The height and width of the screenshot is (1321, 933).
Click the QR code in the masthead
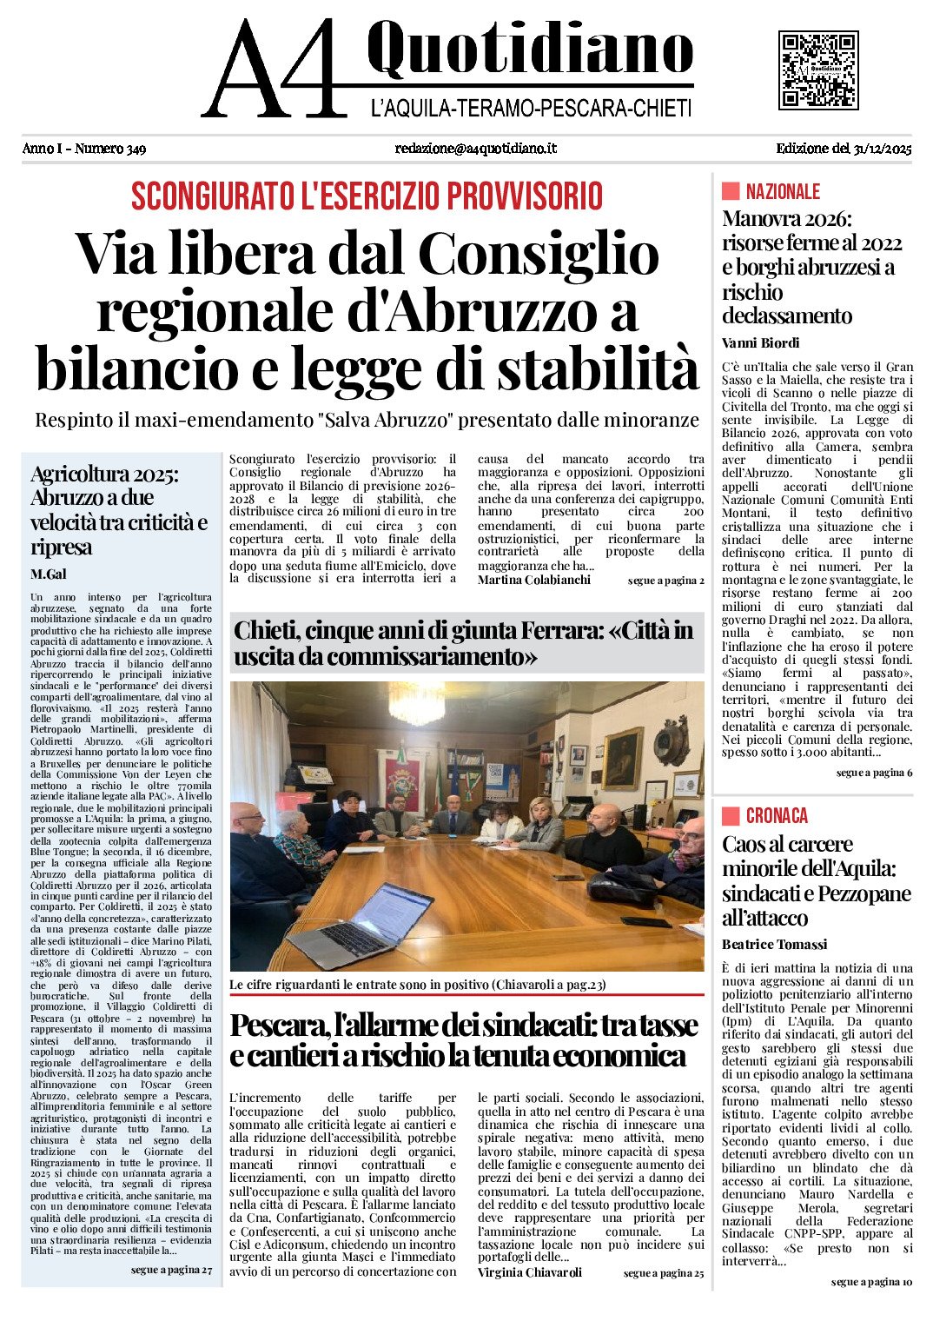[x=818, y=70]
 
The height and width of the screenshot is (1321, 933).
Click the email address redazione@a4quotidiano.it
[x=475, y=149]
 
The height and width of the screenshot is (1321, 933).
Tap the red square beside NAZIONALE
[x=731, y=191]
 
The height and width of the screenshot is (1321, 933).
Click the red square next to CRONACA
[x=731, y=815]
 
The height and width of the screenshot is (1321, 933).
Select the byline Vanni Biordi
[x=760, y=343]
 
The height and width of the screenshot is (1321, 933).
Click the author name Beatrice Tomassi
[x=774, y=945]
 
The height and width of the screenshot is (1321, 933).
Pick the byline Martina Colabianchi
[x=533, y=580]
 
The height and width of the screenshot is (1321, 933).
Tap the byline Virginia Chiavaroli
[x=529, y=1272]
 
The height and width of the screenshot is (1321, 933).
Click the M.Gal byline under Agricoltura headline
[x=48, y=574]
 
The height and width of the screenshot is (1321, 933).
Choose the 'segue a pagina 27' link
[x=171, y=1270]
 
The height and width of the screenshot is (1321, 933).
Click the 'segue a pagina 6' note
[x=873, y=773]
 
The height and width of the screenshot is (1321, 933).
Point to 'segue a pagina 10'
[x=870, y=1282]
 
